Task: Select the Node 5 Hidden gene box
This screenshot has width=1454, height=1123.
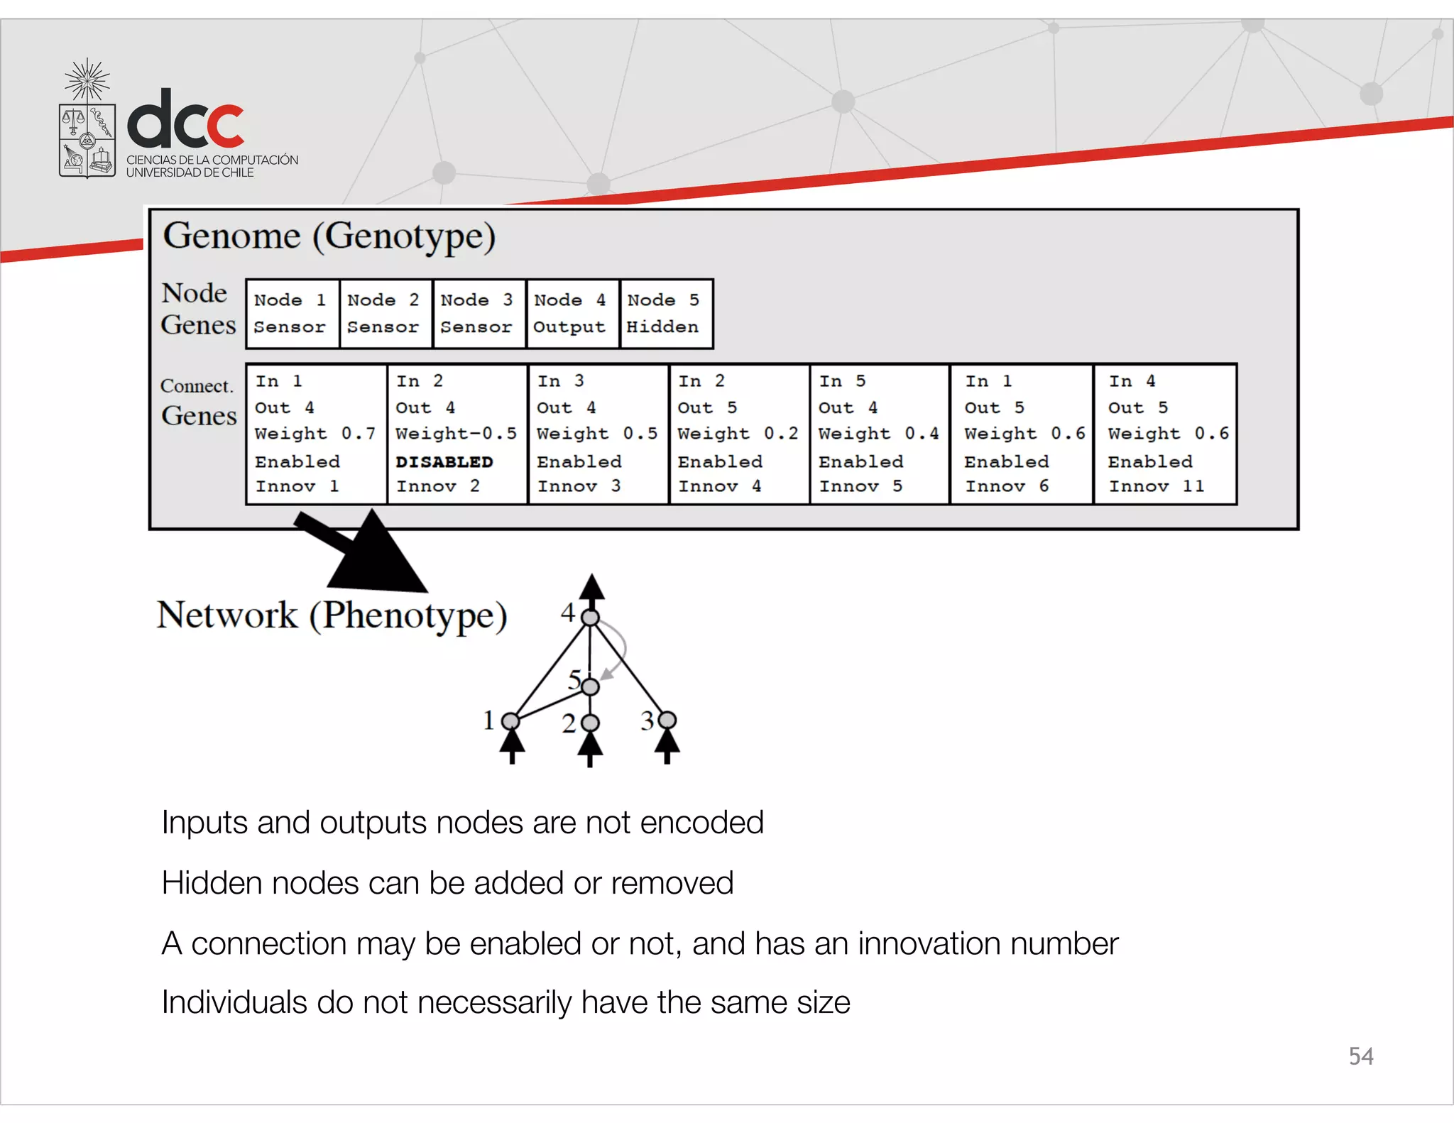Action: [666, 314]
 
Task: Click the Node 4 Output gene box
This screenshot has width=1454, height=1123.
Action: [572, 314]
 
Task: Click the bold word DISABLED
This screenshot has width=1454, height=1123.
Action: [444, 462]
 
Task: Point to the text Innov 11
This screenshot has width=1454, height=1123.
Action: [1157, 486]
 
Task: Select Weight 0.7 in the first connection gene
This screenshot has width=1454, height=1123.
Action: [315, 434]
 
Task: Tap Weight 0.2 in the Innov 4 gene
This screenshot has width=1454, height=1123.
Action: [738, 434]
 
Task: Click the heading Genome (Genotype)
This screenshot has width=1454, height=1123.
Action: [329, 236]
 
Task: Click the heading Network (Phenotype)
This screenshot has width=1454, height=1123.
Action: [332, 615]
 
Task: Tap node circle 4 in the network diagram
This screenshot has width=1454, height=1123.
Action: [591, 618]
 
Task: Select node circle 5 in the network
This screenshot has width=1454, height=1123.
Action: [590, 686]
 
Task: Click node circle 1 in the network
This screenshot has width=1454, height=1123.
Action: [510, 721]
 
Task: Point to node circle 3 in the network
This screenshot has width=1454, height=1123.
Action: [667, 721]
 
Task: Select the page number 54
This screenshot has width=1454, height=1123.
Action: [1360, 1056]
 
